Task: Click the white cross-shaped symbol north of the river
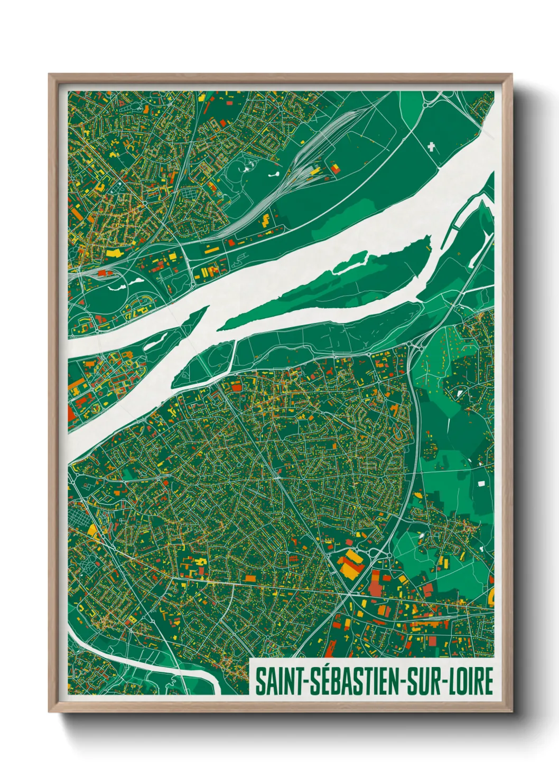[432, 147]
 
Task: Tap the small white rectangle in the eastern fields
[481, 483]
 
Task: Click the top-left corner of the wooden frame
[50, 75]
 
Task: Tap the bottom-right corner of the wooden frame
[511, 711]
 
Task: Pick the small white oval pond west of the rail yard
[275, 173]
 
